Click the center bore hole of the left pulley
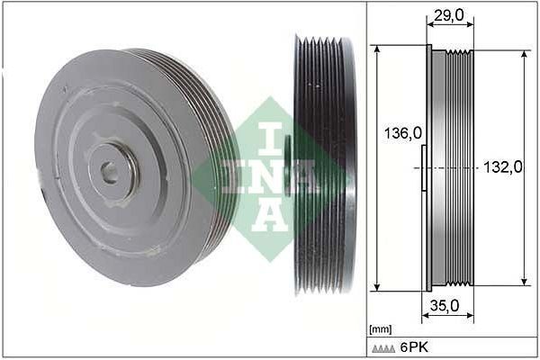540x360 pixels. [109, 170]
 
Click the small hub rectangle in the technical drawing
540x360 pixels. [424, 168]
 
